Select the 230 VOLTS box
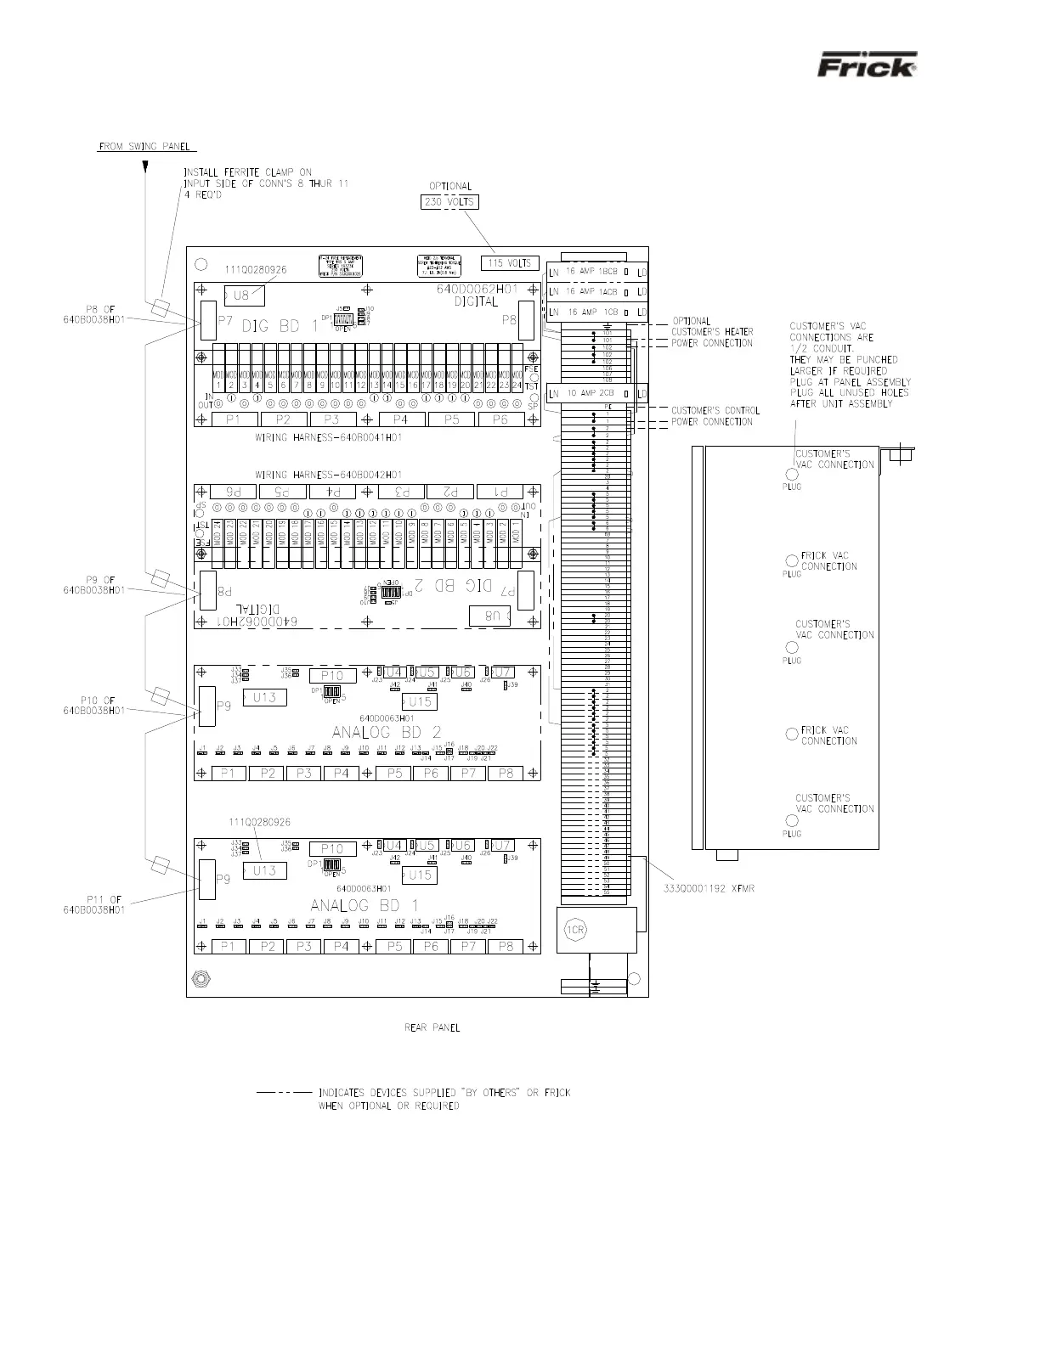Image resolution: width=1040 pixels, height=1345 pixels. point(450,202)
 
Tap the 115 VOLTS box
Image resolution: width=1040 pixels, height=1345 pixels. point(510,263)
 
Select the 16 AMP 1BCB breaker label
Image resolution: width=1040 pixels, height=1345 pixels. point(591,272)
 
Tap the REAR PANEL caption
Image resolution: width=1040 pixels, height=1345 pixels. point(432,1027)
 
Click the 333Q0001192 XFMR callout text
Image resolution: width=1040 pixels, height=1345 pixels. point(709,889)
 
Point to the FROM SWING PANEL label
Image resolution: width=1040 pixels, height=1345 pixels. point(142,147)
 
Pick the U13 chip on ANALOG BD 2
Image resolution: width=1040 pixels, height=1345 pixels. point(264,697)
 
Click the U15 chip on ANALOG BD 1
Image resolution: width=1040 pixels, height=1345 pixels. point(420,875)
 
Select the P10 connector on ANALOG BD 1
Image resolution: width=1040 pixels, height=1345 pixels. point(332,849)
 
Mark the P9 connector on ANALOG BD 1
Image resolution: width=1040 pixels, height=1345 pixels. point(207,879)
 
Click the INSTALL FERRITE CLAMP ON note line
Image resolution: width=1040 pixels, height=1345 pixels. point(248,172)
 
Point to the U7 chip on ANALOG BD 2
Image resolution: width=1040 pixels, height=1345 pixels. point(503,672)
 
